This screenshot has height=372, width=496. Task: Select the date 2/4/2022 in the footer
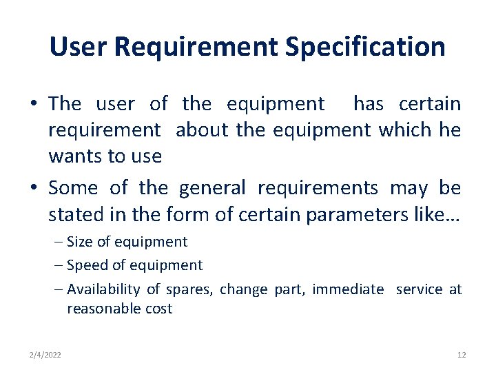coord(45,355)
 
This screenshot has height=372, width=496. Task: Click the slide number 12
coord(462,355)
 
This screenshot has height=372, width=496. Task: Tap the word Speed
coord(85,265)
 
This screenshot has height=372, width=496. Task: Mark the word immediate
coord(348,289)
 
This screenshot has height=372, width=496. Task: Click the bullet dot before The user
coord(34,105)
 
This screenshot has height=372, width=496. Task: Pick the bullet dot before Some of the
coord(34,189)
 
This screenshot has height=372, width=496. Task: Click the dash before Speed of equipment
coord(58,265)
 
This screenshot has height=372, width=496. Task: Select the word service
coord(420,289)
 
